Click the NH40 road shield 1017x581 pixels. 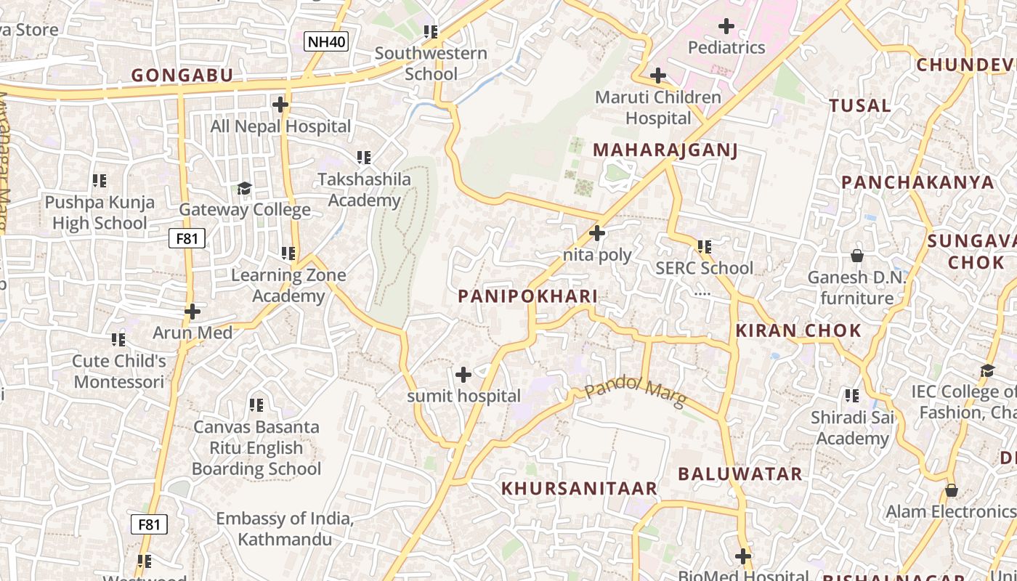coord(326,41)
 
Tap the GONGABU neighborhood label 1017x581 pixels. coord(182,76)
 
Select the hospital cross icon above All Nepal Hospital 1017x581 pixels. coord(280,105)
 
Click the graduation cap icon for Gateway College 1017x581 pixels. coord(244,188)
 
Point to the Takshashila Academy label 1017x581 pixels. coord(365,190)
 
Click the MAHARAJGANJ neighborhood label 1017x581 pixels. coord(665,150)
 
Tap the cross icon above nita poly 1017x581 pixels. coord(597,233)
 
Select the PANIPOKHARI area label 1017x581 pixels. coord(528,296)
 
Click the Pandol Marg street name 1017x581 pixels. coord(635,394)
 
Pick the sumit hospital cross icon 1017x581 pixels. coord(463,375)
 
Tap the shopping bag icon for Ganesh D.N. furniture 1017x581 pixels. coord(857,256)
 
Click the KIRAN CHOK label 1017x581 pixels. coord(798,331)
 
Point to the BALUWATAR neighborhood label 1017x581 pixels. coord(740,474)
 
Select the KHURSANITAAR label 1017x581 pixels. coord(579,488)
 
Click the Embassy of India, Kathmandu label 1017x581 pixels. coord(285,529)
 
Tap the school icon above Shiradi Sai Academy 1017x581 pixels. coord(852,396)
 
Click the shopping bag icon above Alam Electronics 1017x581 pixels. coord(952,490)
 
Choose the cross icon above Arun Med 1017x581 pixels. coord(193,312)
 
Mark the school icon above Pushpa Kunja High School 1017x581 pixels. coord(100,180)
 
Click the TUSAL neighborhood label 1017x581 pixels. coord(860,106)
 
